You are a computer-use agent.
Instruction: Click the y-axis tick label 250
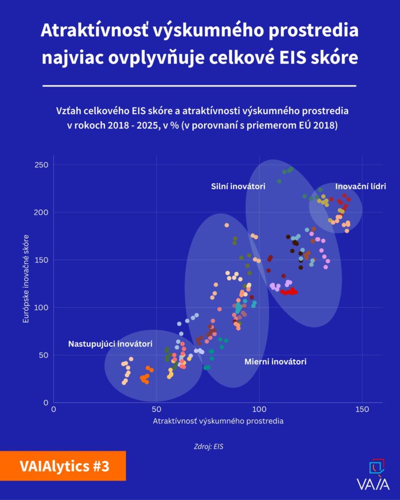coord(41,165)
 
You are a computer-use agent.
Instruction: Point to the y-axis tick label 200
coord(41,212)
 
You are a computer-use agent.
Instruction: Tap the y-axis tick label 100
coord(41,308)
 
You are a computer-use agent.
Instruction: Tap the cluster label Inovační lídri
coord(360,186)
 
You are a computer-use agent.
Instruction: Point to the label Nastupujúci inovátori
coord(110,344)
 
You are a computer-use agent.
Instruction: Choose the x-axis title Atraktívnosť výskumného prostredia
coord(218,420)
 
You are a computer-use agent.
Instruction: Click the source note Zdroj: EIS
coord(209,446)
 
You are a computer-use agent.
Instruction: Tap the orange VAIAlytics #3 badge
coord(63,466)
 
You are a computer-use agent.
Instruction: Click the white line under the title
coord(199,85)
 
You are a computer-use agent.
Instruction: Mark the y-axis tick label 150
coord(41,260)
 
